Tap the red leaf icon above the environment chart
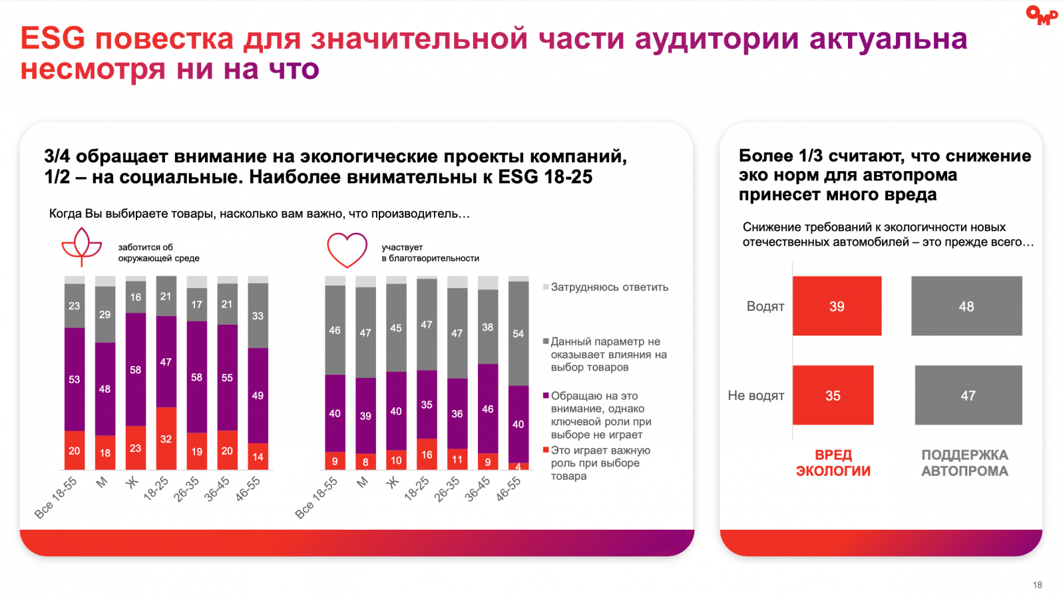(81, 247)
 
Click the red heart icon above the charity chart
(347, 250)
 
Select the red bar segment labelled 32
(166, 438)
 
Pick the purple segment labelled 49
(258, 395)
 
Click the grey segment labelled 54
(518, 333)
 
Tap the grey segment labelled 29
(105, 314)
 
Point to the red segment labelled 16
(427, 454)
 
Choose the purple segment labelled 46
(488, 409)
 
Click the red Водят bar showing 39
(837, 306)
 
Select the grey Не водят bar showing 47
(968, 395)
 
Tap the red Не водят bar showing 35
(833, 395)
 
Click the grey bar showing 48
(966, 306)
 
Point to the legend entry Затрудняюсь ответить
(608, 288)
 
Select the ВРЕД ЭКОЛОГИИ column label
(833, 463)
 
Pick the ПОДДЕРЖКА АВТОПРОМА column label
(964, 463)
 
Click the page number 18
(1037, 585)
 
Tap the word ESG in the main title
(53, 39)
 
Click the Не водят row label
(756, 395)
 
